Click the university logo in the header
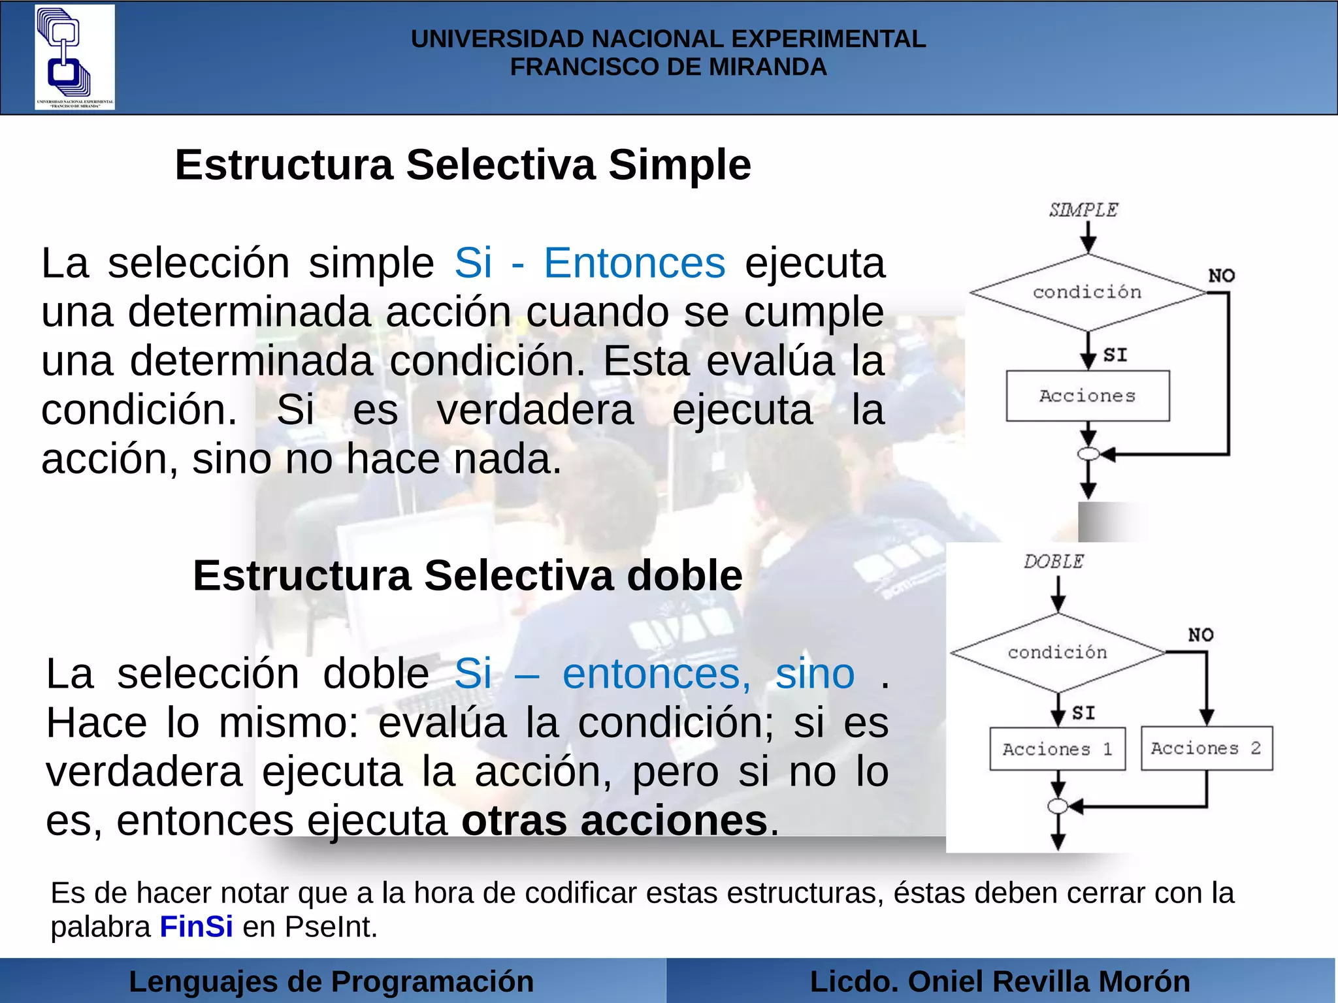pyautogui.click(x=74, y=57)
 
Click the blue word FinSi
pyautogui.click(x=196, y=927)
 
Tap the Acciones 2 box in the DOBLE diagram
pyautogui.click(x=1207, y=748)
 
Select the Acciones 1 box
pyautogui.click(x=1057, y=749)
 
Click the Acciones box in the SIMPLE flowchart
pyautogui.click(x=1088, y=396)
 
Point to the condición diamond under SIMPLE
pyautogui.click(x=1088, y=292)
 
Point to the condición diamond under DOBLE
pyautogui.click(x=1058, y=652)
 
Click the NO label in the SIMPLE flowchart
pyautogui.click(x=1221, y=276)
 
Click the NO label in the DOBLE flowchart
pyautogui.click(x=1201, y=635)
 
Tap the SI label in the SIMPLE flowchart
pyautogui.click(x=1115, y=355)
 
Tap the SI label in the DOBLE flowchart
pyautogui.click(x=1084, y=713)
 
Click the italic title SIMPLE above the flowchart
pyautogui.click(x=1083, y=210)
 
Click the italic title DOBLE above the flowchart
pyautogui.click(x=1053, y=562)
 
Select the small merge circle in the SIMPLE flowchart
pyautogui.click(x=1088, y=454)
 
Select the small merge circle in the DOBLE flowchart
pyautogui.click(x=1058, y=806)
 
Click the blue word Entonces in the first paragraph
pyautogui.click(x=634, y=263)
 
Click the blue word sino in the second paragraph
pyautogui.click(x=815, y=673)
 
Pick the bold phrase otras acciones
pyautogui.click(x=614, y=820)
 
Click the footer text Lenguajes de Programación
pyautogui.click(x=331, y=981)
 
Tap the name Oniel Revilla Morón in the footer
pyautogui.click(x=1049, y=981)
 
